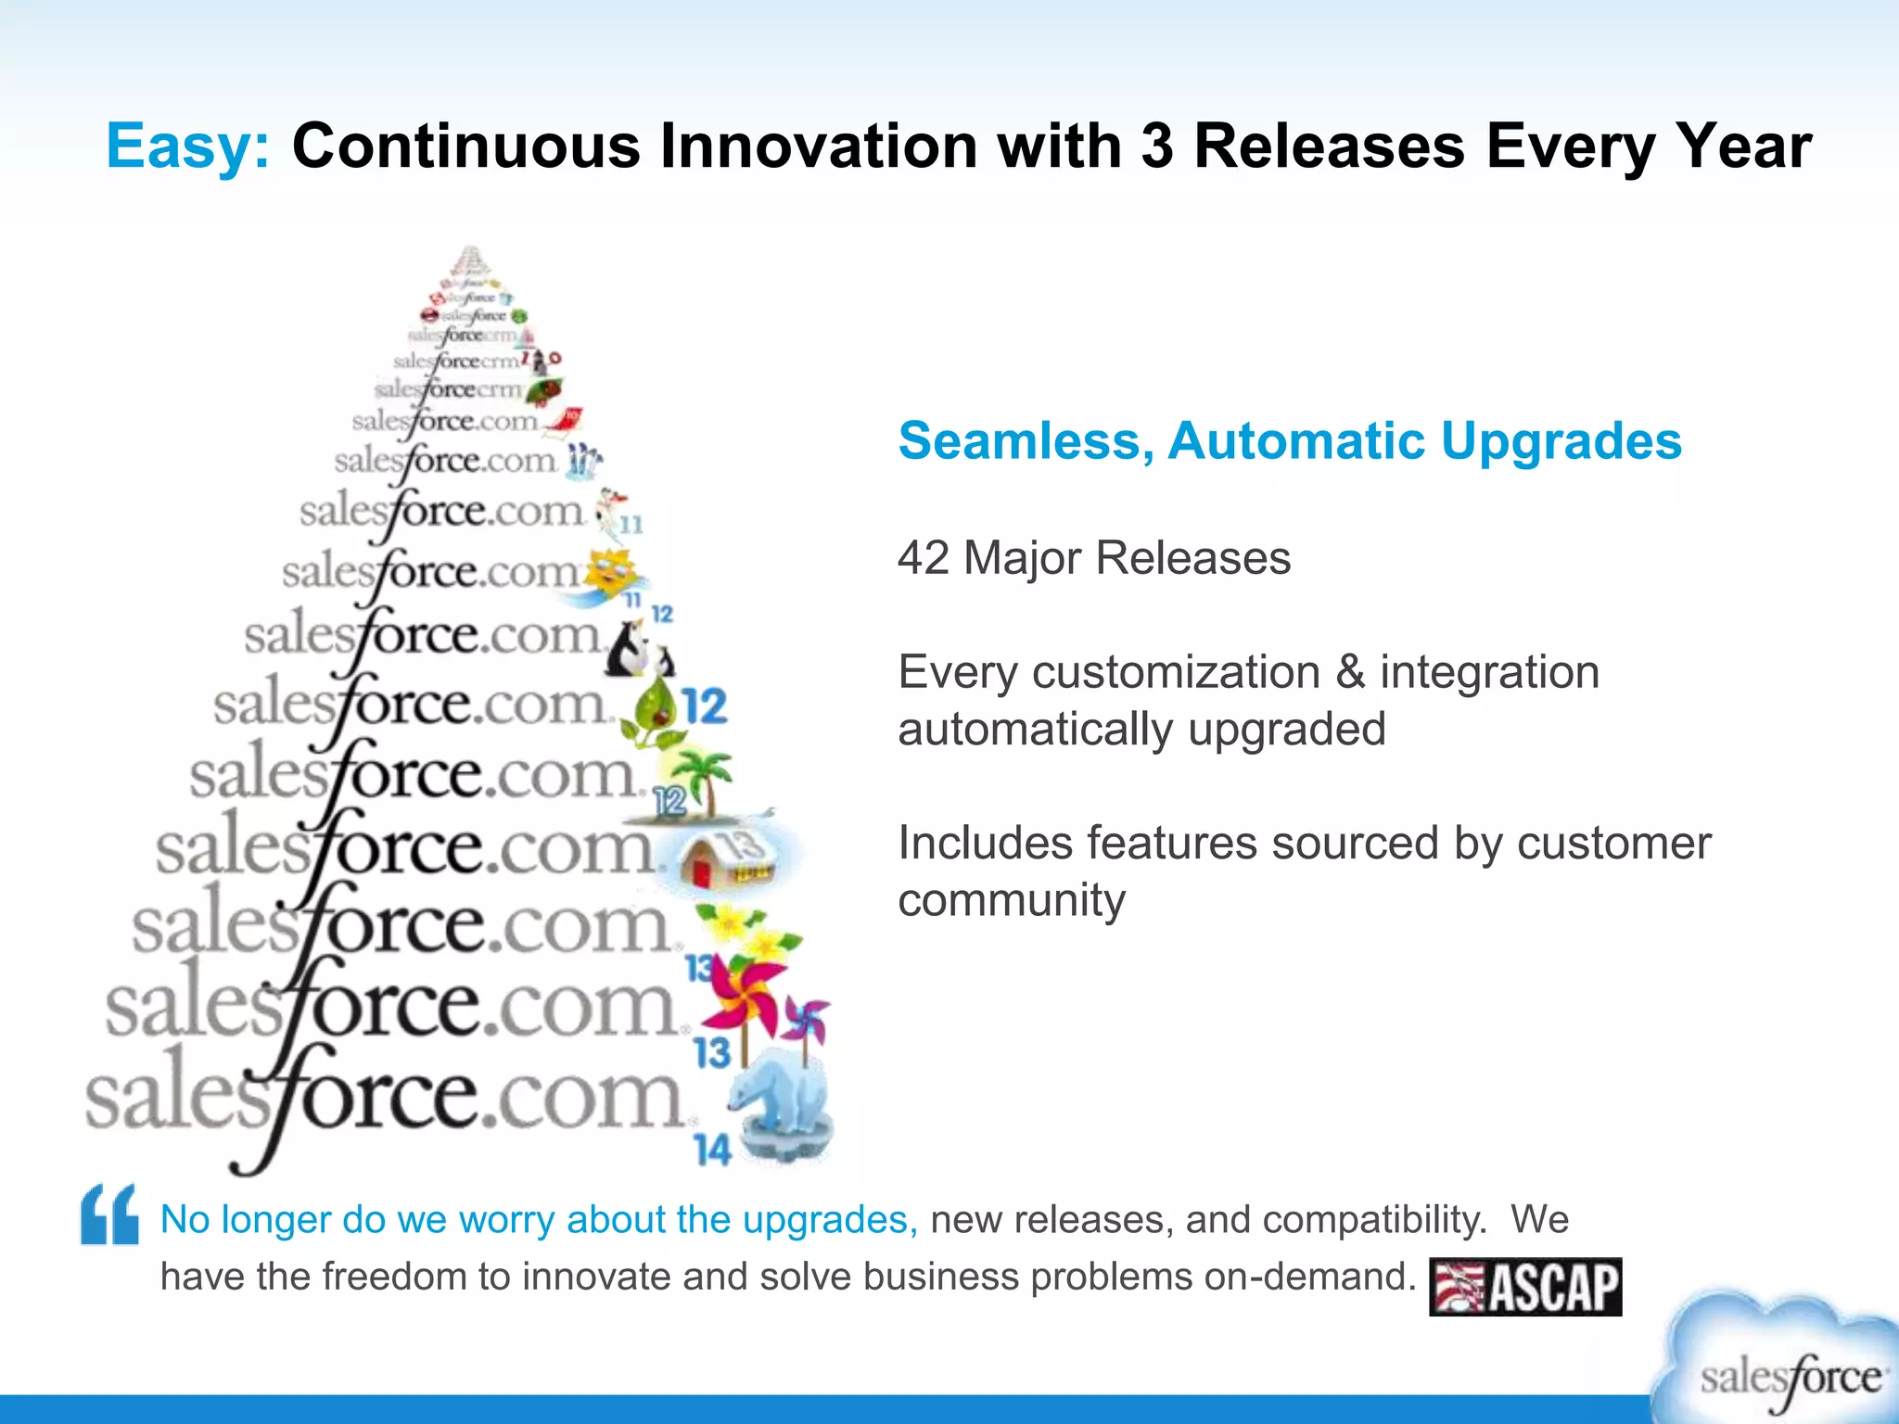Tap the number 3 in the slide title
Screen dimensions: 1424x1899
(1156, 146)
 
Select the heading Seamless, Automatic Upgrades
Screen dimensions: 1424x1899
(1289, 440)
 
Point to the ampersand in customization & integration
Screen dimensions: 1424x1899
(1349, 672)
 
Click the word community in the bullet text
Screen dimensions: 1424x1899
(1012, 900)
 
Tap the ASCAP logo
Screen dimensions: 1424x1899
(1525, 1287)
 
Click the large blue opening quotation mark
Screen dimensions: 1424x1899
(109, 1214)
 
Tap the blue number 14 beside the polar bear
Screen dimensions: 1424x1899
(712, 1151)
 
